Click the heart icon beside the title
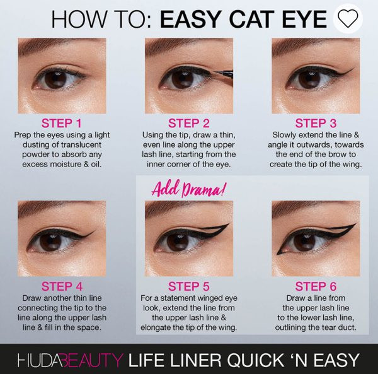[348, 18]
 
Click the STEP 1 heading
[62, 123]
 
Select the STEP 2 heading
[189, 123]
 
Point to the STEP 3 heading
[316, 123]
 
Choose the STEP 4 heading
[62, 287]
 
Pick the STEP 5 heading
[189, 287]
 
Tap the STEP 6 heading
[316, 287]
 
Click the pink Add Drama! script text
[189, 189]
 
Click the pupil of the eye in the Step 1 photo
[55, 79]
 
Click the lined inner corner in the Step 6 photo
[279, 253]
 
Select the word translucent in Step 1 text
[81, 145]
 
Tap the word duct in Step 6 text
[346, 327]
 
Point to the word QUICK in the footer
[256, 361]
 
